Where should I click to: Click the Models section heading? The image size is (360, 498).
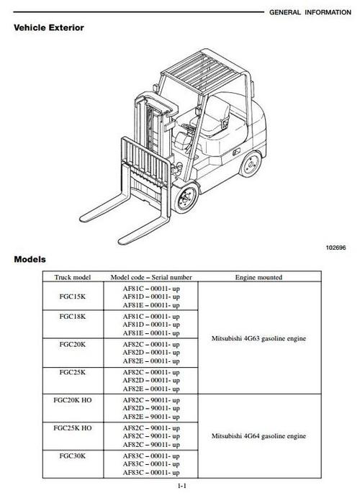point(30,259)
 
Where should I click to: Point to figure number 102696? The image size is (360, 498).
point(336,247)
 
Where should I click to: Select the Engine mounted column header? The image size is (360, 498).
point(258,277)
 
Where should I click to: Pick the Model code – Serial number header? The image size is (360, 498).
point(150,277)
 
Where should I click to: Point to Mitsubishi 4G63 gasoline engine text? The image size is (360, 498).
point(258,338)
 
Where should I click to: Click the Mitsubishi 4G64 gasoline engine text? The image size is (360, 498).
point(258,436)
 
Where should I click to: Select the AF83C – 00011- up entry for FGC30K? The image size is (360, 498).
point(150,456)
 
